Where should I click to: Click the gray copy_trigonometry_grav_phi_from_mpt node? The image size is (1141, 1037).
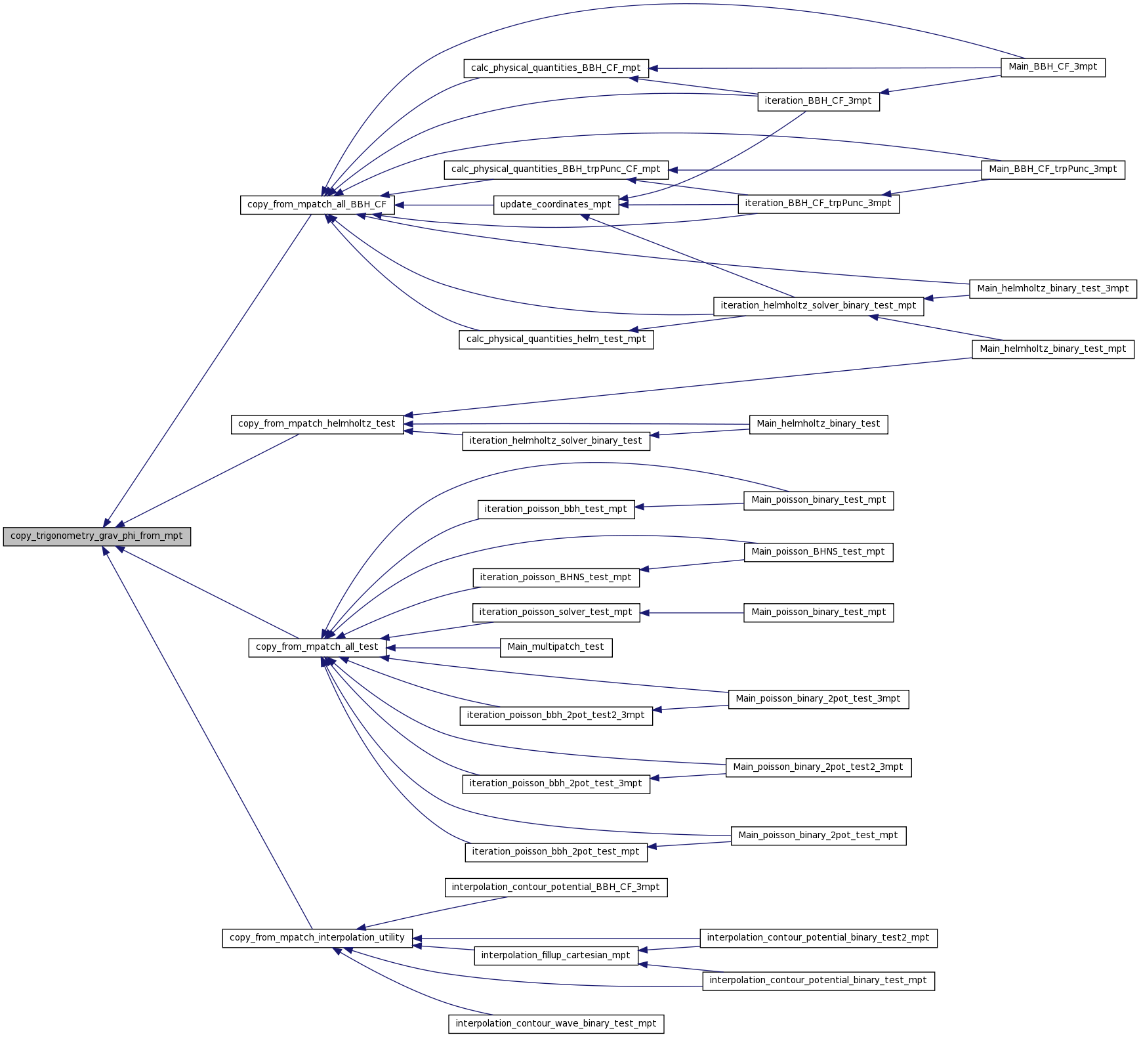97,536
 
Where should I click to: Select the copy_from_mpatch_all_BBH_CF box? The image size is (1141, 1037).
318,205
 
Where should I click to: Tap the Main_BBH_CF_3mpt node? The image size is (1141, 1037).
1053,67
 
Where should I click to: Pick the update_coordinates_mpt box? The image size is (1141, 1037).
556,205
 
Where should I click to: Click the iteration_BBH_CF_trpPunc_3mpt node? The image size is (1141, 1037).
818,203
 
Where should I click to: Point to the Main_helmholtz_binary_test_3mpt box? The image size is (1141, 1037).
1053,289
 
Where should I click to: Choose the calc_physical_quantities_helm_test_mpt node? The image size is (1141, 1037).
556,339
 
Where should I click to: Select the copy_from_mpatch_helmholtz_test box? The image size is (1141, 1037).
317,424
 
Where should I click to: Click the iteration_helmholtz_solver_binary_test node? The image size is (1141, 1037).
556,441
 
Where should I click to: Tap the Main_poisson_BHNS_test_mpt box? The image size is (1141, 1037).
818,552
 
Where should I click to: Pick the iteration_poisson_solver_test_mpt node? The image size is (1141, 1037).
556,612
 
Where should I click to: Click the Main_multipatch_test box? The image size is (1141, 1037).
556,647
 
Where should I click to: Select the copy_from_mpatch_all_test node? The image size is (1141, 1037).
317,647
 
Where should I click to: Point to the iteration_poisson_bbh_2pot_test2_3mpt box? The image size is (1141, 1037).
556,715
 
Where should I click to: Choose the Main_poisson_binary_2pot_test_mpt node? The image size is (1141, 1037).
818,836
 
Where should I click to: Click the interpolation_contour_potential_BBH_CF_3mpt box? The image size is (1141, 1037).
556,887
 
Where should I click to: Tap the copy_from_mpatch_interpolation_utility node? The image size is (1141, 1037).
318,938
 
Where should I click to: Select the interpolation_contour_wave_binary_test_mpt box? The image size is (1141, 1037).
556,1024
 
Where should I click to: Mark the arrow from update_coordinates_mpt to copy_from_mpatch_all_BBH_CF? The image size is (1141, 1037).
444,205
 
